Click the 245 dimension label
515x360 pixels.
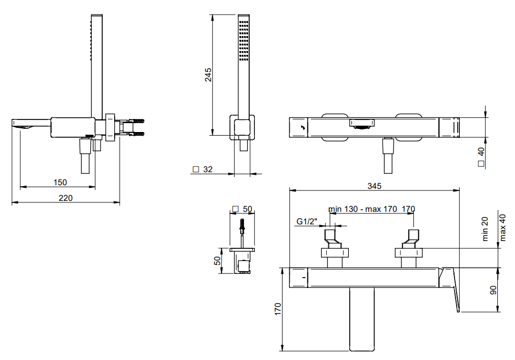click(x=208, y=75)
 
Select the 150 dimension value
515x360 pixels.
click(x=60, y=183)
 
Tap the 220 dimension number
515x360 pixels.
click(x=65, y=198)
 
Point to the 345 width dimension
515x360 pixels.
click(x=374, y=186)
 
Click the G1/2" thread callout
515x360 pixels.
click(x=307, y=222)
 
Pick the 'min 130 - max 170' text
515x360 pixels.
click(x=363, y=209)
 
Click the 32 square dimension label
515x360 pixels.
click(x=208, y=170)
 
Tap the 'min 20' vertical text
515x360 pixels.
click(x=485, y=229)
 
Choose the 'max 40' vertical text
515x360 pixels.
click(x=502, y=227)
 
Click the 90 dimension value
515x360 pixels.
click(x=493, y=290)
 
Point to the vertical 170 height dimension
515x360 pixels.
click(x=278, y=309)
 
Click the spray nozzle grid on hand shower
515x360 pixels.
click(x=244, y=41)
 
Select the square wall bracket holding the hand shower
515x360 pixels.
click(x=242, y=127)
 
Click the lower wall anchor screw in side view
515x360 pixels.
click(x=137, y=134)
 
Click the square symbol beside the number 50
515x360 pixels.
click(x=235, y=209)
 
